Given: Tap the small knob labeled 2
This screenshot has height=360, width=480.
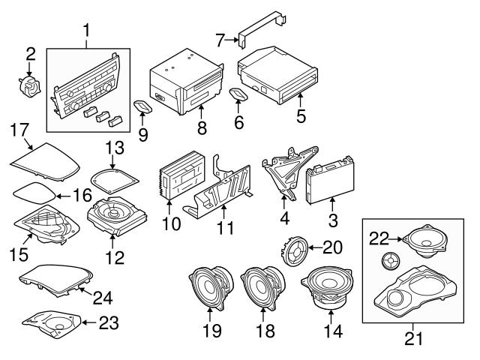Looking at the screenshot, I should click(30, 84).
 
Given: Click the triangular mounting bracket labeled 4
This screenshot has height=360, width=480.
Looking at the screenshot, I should click(283, 172).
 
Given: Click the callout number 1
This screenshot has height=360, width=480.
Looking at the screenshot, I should click(86, 31).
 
